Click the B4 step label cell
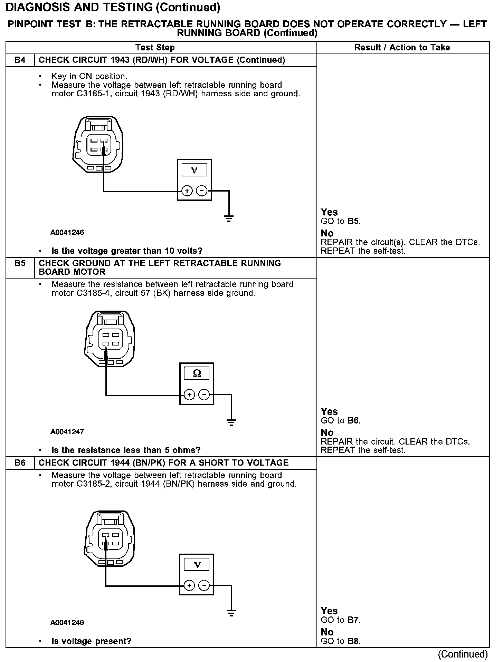pos(20,60)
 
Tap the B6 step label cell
pos(20,463)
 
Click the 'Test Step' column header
pos(155,48)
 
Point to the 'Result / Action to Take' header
pos(402,48)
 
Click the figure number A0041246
pos(67,232)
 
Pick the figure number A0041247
pos(67,431)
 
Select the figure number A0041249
pos(67,622)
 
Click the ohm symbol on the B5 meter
pos(197,373)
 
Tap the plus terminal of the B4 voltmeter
pos(187,191)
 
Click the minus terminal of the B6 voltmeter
pos(204,585)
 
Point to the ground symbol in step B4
pos(229,218)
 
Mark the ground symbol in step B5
pos(231,422)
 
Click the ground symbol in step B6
pos(231,613)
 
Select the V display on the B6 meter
pos(197,565)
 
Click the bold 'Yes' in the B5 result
pos(329,411)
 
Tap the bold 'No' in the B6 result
pos(327,632)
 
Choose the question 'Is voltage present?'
pos(91,641)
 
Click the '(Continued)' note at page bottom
pos(463,654)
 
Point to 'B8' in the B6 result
pos(353,641)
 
